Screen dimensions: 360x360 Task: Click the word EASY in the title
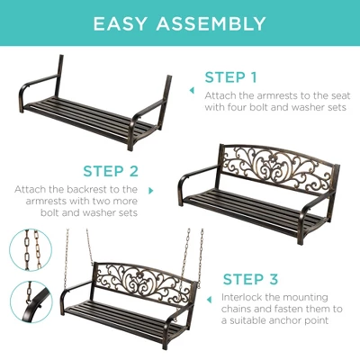(x=126, y=22)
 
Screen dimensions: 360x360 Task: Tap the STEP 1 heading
(x=230, y=77)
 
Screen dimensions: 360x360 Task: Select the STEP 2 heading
(x=111, y=170)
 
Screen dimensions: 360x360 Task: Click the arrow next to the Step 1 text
(x=191, y=90)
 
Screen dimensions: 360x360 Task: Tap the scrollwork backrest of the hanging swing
(x=144, y=281)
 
